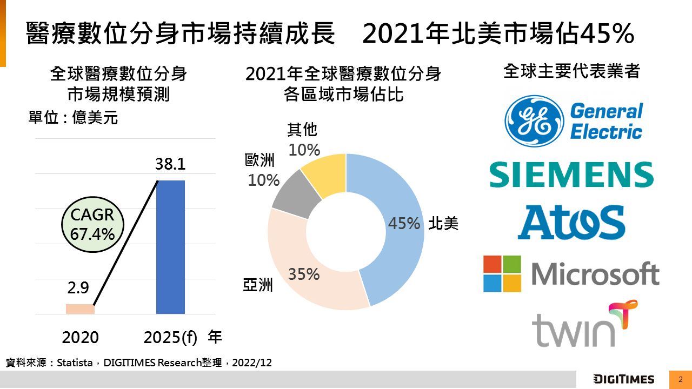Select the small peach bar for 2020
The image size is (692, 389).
pos(80,309)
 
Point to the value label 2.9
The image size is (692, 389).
pos(78,289)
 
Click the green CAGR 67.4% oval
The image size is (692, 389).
pos(92,224)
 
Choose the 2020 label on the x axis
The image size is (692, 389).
pos(80,337)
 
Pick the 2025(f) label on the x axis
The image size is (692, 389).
pos(171,337)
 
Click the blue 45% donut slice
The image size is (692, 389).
pos(397,232)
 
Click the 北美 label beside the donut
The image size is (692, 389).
pos(443,224)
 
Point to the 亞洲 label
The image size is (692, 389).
pos(258,285)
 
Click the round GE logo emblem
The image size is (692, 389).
pos(533,121)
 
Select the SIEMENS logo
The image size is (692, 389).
pos(571,175)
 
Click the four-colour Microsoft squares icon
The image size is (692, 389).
pos(502,274)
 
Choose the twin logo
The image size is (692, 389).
pos(584,324)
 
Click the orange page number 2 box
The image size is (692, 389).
pos(681,379)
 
